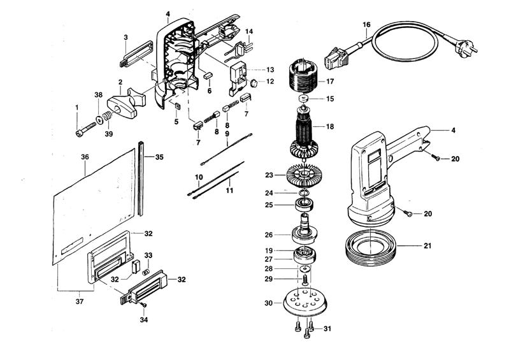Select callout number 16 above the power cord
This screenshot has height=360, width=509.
366,25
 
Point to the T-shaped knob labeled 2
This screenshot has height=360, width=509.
127,103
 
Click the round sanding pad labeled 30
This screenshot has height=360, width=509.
304,302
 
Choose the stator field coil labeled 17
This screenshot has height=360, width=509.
303,76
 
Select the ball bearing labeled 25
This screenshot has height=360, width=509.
304,205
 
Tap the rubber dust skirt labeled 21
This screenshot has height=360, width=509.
370,247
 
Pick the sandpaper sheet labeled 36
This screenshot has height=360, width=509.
94,206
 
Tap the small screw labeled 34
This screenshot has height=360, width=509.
143,305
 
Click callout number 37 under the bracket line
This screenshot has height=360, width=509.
80,301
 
